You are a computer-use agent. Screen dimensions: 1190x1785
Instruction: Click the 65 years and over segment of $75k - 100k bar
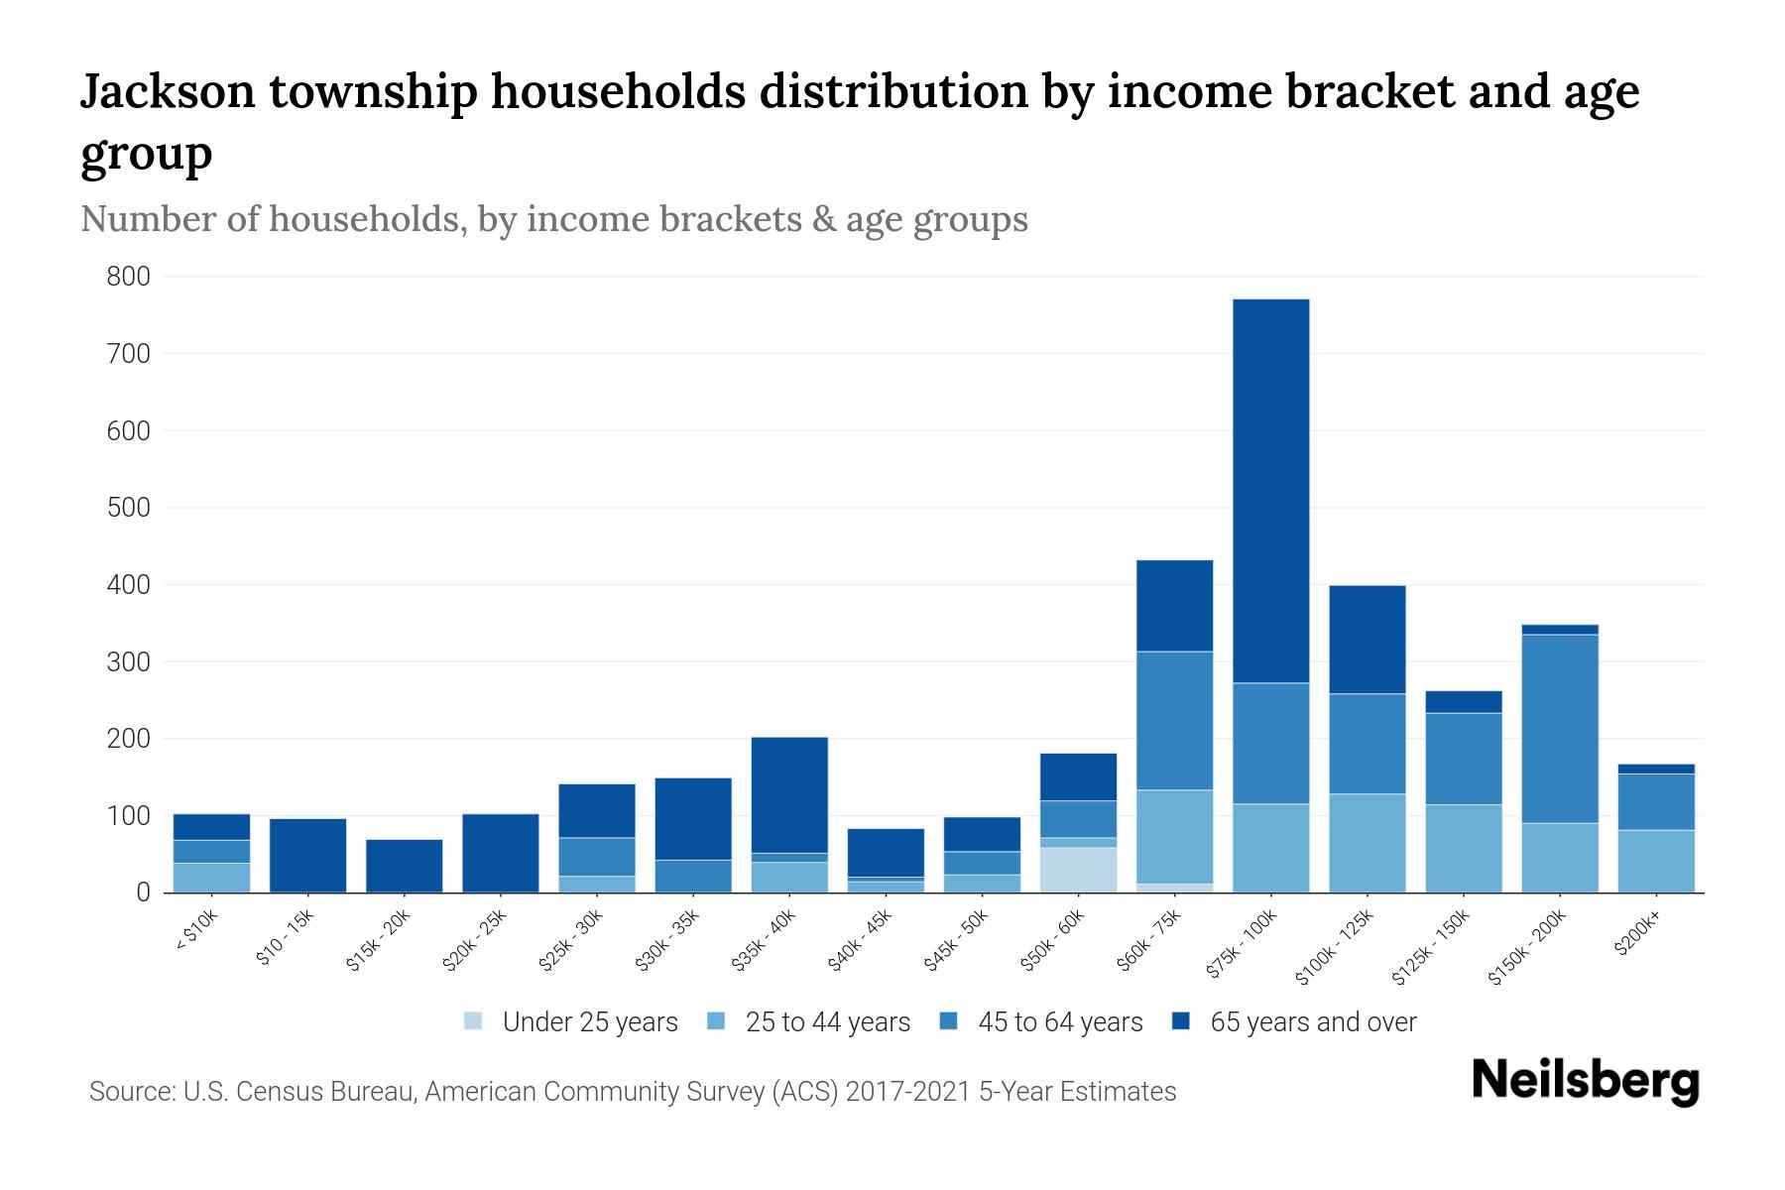[1270, 491]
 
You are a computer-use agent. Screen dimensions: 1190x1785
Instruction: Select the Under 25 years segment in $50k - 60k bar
[1078, 870]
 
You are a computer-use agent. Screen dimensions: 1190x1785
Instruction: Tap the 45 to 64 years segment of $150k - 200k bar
[1559, 729]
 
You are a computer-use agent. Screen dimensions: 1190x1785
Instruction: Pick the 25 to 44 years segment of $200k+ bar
[1655, 861]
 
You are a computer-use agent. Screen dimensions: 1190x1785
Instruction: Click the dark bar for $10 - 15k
[307, 855]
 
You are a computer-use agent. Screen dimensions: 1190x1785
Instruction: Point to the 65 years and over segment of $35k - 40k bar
[789, 794]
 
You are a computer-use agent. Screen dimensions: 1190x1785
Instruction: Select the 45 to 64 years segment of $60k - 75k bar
[1174, 721]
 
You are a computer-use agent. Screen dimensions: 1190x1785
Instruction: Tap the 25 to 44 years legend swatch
[717, 1021]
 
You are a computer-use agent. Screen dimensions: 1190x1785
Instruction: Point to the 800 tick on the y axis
[129, 277]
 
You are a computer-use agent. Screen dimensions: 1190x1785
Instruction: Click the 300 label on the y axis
[129, 661]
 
